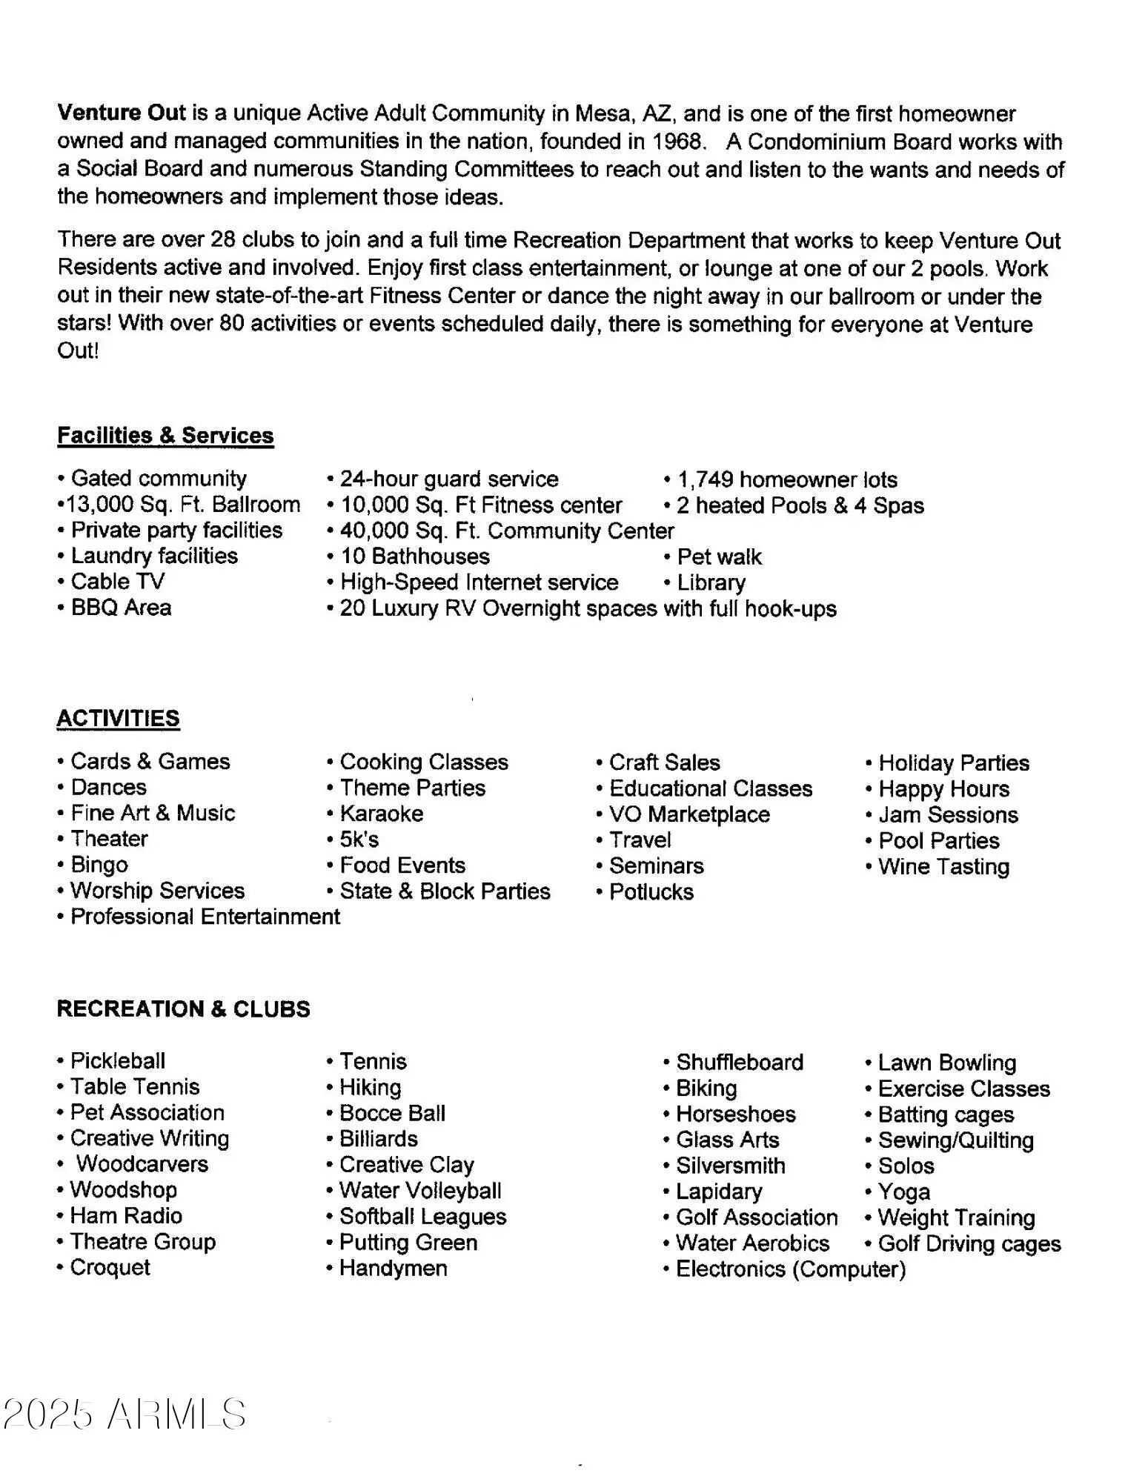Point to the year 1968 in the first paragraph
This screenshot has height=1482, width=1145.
click(x=677, y=142)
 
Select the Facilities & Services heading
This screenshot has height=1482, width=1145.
click(x=165, y=436)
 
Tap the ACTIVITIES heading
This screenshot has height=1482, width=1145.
click(x=118, y=718)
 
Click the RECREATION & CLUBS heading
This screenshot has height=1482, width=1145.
click(x=183, y=1009)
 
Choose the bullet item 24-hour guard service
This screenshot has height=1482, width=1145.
click(x=448, y=479)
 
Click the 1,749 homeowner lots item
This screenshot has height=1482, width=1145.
click(x=786, y=479)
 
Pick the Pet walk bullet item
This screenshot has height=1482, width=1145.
click(x=718, y=556)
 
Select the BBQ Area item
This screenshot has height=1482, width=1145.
click(x=121, y=608)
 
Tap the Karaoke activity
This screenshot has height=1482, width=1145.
click(x=381, y=814)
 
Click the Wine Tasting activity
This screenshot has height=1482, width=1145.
click(x=943, y=866)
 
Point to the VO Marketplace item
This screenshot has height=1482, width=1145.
click(x=688, y=814)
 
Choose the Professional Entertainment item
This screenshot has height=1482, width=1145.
click(x=205, y=917)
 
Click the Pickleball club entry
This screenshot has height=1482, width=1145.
click(x=117, y=1060)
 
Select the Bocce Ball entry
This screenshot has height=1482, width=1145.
click(x=391, y=1113)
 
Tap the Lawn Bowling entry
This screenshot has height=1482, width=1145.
click(x=946, y=1063)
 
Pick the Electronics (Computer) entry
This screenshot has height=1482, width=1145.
click(x=790, y=1269)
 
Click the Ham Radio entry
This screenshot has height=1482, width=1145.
click(x=125, y=1216)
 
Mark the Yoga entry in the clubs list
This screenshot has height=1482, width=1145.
click(x=903, y=1192)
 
